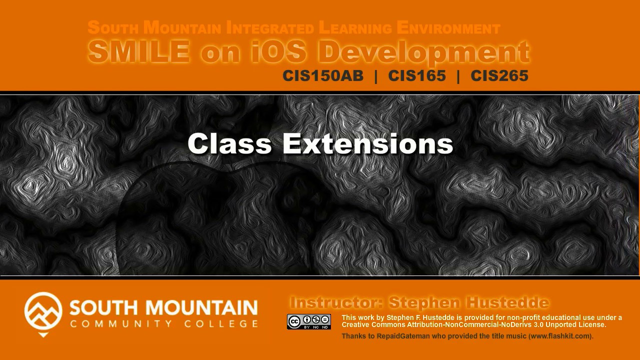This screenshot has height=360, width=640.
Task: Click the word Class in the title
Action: (x=229, y=144)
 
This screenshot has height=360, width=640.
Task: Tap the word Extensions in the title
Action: (x=367, y=144)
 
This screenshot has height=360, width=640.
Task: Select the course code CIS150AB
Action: (x=323, y=76)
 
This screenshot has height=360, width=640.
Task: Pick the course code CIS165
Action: (x=417, y=76)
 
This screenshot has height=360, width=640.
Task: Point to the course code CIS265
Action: (x=499, y=76)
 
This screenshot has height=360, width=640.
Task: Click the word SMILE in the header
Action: (x=139, y=52)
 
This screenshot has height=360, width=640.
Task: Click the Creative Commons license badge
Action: (x=309, y=321)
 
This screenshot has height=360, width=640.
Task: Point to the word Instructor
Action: (x=335, y=302)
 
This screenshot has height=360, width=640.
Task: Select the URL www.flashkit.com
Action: (x=560, y=336)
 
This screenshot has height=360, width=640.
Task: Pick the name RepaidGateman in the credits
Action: (x=403, y=336)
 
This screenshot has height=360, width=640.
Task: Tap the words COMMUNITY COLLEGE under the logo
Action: (x=164, y=324)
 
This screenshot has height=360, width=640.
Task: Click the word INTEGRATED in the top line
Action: (x=270, y=28)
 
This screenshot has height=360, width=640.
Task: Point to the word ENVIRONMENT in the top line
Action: (x=448, y=28)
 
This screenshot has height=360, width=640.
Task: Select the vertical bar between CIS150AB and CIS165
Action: (x=376, y=76)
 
